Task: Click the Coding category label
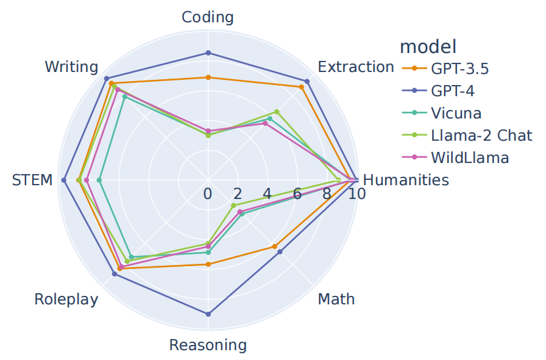[x=208, y=17]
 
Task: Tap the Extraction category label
[x=355, y=67]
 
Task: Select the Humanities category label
[x=406, y=180]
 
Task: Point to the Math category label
[x=336, y=299]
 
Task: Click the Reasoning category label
[x=208, y=345]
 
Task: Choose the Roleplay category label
[x=66, y=299]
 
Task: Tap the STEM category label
[x=32, y=180]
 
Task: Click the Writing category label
[x=71, y=67]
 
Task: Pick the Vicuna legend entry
[x=456, y=113]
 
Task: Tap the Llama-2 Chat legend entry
[x=481, y=135]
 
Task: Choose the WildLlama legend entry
[x=469, y=158]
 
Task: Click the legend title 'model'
[x=428, y=46]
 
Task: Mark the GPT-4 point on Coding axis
[x=208, y=52]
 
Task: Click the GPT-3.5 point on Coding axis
[x=208, y=77]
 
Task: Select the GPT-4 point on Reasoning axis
[x=208, y=314]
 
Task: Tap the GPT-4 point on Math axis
[x=280, y=252]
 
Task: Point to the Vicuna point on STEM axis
[x=100, y=180]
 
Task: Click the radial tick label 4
[x=267, y=194]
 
